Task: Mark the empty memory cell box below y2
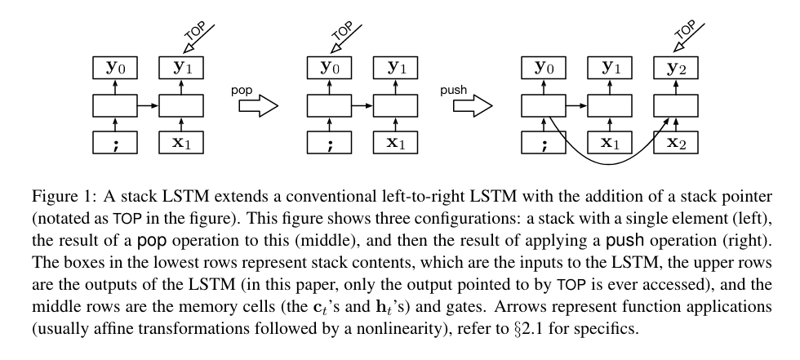676,105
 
